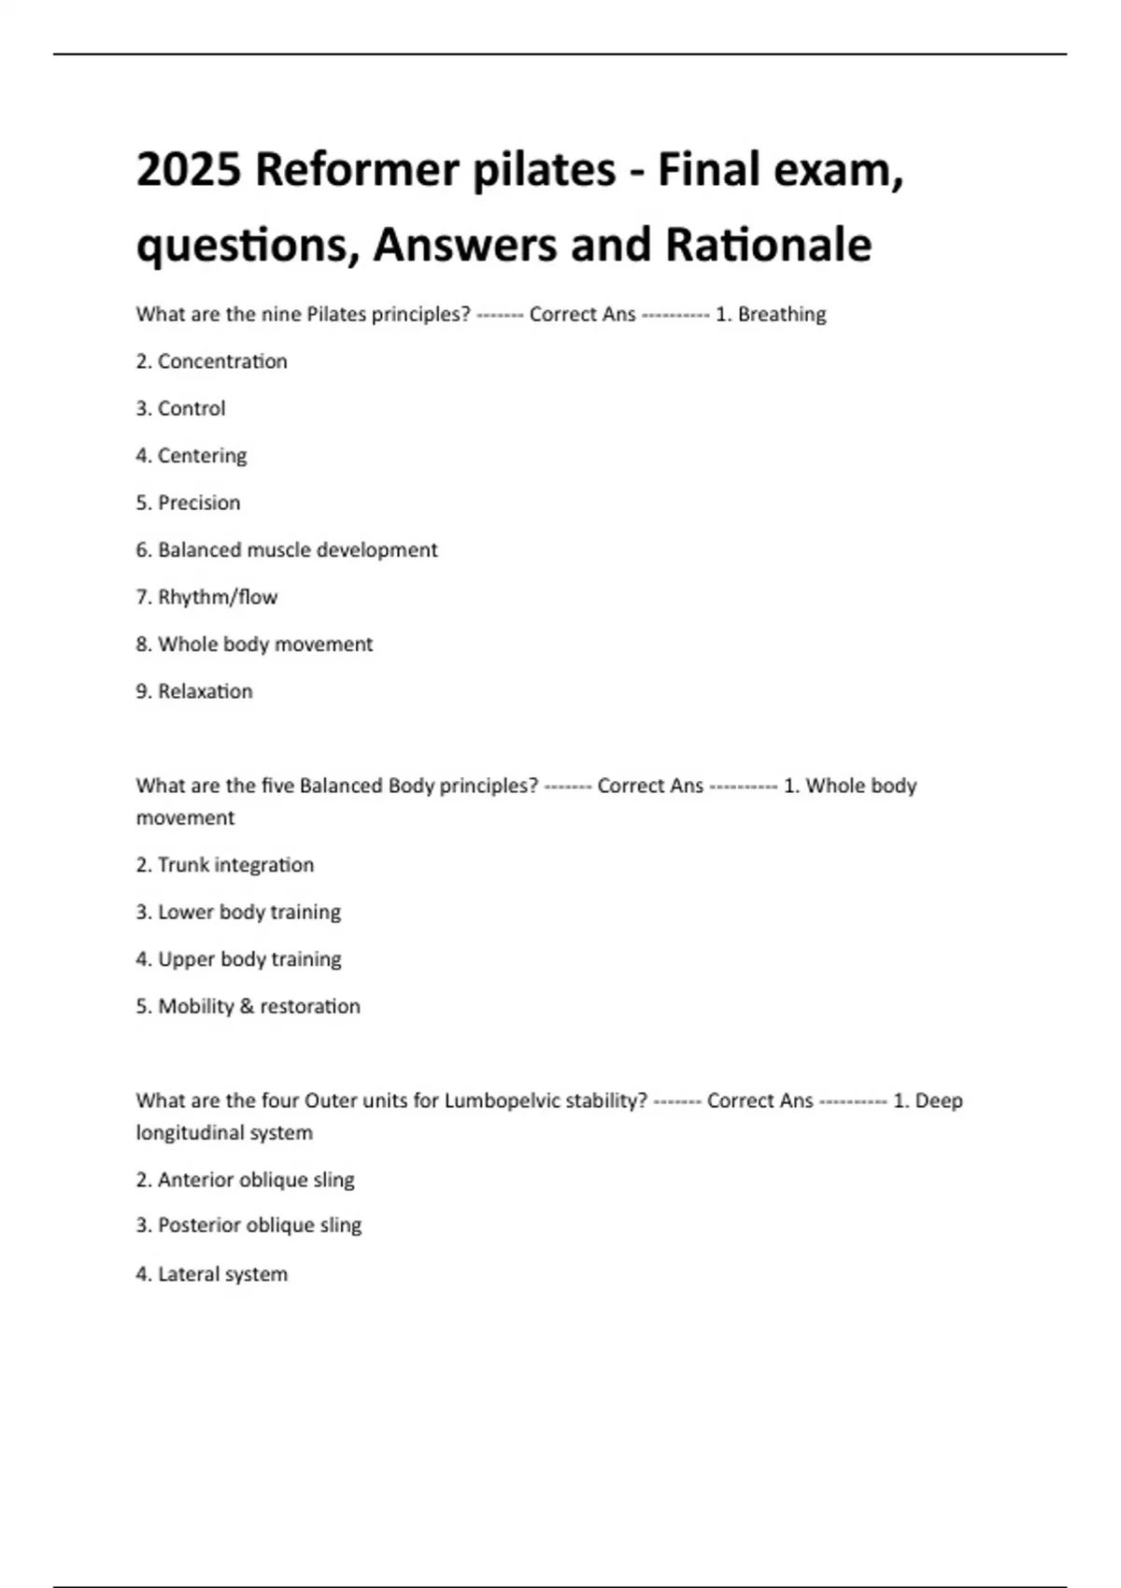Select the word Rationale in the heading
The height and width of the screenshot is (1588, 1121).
(x=768, y=245)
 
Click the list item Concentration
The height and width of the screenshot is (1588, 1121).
(x=212, y=362)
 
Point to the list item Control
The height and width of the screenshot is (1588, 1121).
(x=181, y=408)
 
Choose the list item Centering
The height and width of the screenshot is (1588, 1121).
(x=192, y=456)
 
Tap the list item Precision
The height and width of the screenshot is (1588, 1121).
(x=189, y=503)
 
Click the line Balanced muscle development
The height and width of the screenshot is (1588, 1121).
(x=287, y=550)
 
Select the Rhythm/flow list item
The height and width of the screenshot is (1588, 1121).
(x=207, y=597)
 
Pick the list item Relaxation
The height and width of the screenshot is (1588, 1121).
(x=194, y=691)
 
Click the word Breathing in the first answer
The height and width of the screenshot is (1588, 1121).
(x=782, y=315)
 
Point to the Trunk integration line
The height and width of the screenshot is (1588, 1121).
(x=225, y=865)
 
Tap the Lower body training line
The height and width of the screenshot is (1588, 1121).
(x=239, y=912)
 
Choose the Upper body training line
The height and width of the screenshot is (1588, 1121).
(x=239, y=959)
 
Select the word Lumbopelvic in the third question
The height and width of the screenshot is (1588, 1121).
(x=500, y=1100)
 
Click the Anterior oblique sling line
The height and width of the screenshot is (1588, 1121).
(x=246, y=1180)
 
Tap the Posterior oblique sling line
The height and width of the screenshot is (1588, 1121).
(x=249, y=1226)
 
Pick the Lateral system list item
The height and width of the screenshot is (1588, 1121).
(x=212, y=1274)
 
